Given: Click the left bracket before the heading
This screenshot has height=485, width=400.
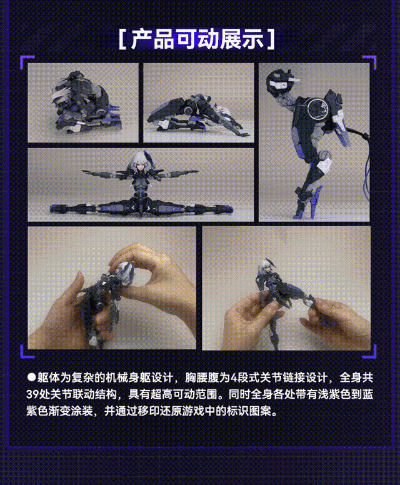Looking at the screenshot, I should point(122,40).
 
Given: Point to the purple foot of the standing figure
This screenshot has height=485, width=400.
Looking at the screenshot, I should point(300,209).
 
